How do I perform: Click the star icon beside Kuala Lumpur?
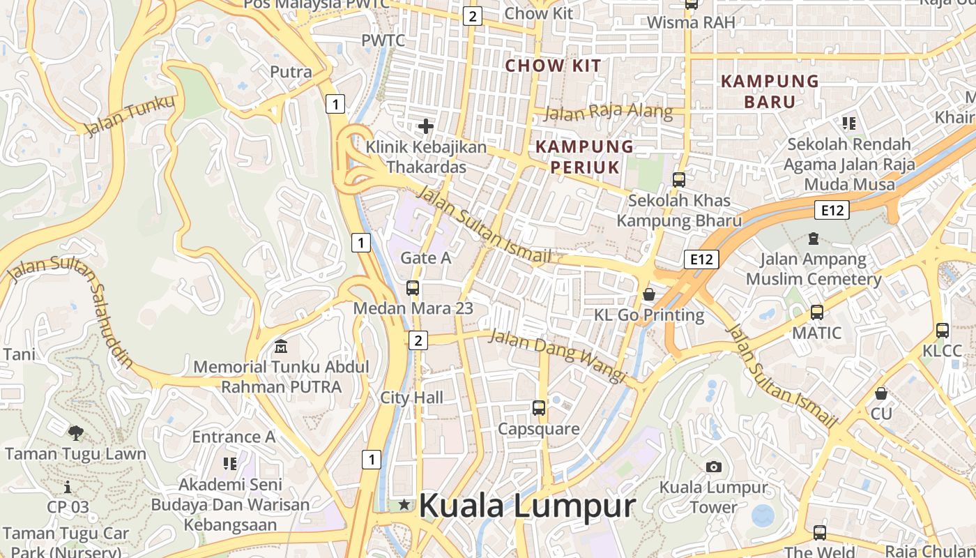(x=404, y=504)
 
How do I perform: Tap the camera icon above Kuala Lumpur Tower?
(x=713, y=467)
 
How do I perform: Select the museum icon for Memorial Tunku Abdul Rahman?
(x=281, y=346)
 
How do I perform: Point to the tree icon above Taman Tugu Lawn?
(x=75, y=433)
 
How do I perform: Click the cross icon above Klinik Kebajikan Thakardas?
(x=425, y=126)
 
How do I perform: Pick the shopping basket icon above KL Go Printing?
(x=649, y=294)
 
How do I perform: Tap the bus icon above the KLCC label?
(x=943, y=330)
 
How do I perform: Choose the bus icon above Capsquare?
(x=538, y=408)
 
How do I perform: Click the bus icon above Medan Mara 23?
(x=413, y=287)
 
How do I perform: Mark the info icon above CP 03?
(x=68, y=487)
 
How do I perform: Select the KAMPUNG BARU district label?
(x=770, y=91)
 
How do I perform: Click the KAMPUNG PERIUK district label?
(x=584, y=157)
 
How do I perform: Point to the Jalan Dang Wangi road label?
(x=557, y=355)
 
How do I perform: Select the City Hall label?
(x=411, y=398)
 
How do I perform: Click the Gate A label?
(x=425, y=257)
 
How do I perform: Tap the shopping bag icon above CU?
(x=881, y=393)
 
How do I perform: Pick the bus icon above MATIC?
(x=817, y=312)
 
